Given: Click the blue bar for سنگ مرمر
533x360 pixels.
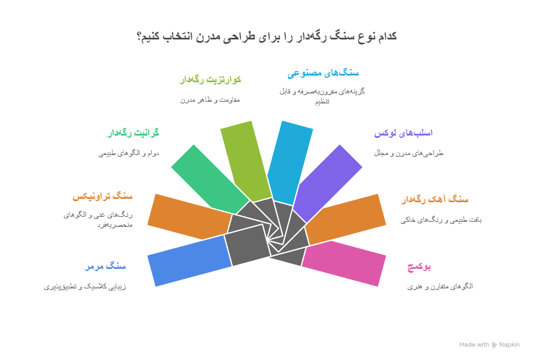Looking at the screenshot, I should [189, 261].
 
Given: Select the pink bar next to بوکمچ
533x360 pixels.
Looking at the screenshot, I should [345, 263].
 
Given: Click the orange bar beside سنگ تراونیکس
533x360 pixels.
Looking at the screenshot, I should [189, 217].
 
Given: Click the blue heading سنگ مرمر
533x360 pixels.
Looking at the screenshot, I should [105, 267].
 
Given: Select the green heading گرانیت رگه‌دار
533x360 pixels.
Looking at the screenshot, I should [133, 133].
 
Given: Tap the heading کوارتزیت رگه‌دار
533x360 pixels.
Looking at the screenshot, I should [210, 80].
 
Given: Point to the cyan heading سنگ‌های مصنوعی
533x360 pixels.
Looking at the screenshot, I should [323, 73].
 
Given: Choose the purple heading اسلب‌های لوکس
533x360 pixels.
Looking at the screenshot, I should [403, 133].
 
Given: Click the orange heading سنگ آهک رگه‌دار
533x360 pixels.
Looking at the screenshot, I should [435, 199].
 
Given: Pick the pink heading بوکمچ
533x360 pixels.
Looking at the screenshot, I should [419, 267].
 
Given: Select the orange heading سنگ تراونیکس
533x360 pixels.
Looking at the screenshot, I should [103, 197].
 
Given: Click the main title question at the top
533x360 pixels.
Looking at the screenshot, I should [266, 37].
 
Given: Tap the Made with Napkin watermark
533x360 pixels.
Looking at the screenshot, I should [489, 345].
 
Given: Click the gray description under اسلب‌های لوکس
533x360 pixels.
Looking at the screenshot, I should [408, 153].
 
